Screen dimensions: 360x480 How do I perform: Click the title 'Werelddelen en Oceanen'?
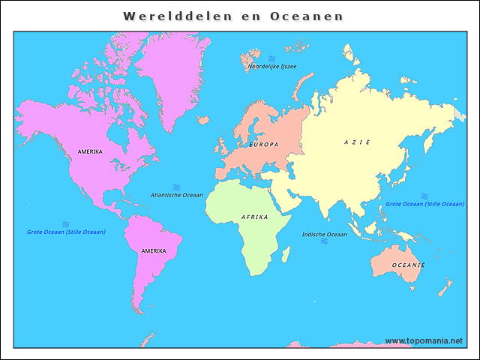(233, 16)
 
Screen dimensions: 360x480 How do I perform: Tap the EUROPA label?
(263, 144)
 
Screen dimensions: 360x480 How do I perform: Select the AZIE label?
(357, 142)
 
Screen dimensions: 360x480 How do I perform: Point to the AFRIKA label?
(254, 217)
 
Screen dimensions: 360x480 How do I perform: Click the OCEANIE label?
(409, 265)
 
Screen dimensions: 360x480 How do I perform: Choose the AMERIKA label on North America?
(90, 151)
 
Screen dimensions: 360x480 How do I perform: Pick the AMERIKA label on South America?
(154, 250)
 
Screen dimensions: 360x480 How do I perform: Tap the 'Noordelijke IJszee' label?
(272, 67)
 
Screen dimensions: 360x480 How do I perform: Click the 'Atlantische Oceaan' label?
(176, 195)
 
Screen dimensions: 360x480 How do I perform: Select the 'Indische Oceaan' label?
(325, 235)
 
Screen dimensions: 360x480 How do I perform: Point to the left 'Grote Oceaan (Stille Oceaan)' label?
(66, 232)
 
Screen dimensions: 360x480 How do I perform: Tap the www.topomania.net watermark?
(424, 340)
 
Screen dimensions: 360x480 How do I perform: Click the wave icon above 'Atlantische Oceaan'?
(177, 187)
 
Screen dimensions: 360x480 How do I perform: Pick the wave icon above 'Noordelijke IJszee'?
(271, 58)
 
